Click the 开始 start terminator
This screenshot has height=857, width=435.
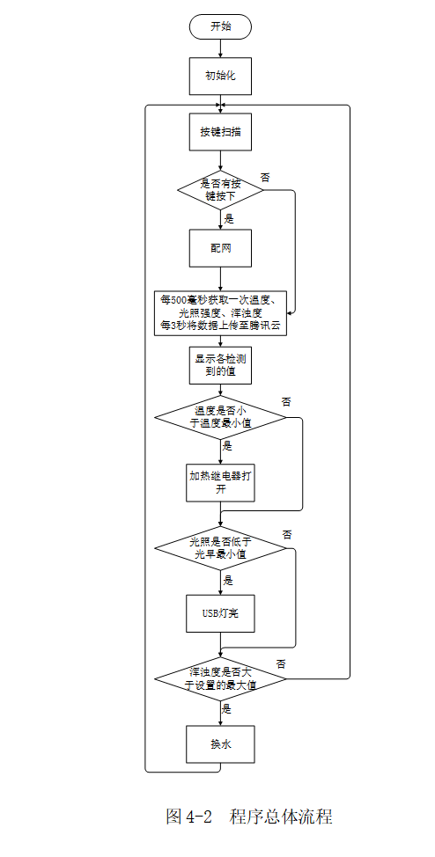tap(220, 26)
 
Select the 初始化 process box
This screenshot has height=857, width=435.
tap(220, 76)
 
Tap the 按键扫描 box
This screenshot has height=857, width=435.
tap(220, 132)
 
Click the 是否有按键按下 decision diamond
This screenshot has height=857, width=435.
tap(220, 189)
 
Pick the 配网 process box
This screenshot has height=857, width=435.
tap(220, 248)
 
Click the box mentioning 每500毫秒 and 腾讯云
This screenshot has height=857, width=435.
tap(220, 312)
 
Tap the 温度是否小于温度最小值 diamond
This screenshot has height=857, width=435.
tap(220, 417)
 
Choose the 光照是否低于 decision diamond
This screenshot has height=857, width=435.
tap(220, 548)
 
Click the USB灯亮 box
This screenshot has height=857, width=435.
tap(220, 613)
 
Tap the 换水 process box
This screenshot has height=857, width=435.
tap(220, 743)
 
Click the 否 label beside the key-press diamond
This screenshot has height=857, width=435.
tap(265, 177)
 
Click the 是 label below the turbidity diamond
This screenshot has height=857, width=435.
tap(227, 708)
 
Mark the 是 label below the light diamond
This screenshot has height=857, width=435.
tap(228, 580)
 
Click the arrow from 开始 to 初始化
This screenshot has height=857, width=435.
tap(220, 48)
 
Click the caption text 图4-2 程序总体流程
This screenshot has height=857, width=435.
tap(249, 817)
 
